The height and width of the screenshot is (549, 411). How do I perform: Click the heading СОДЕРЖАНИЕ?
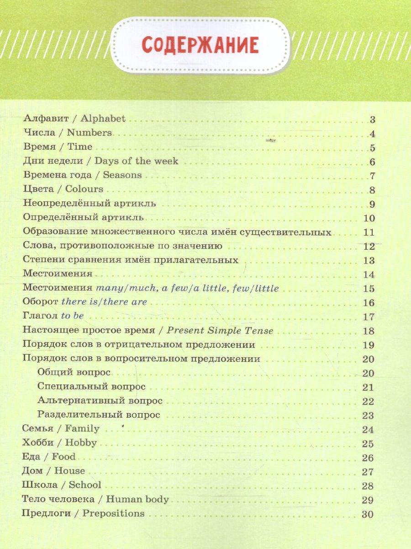coord(200,46)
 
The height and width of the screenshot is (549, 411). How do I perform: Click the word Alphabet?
coord(103,118)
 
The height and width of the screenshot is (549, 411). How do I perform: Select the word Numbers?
coord(89,133)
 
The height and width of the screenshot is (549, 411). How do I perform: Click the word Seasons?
coord(122,175)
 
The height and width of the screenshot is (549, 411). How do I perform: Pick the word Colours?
coord(84,189)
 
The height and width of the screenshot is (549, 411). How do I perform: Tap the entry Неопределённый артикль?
coord(90,204)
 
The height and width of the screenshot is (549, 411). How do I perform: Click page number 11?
coord(369,232)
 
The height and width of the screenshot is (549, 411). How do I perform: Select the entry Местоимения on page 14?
coord(58,274)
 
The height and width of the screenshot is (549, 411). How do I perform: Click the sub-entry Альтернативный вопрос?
coord(100,401)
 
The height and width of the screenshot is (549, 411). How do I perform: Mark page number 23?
coord(368,416)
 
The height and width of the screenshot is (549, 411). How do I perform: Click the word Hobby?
coord(81,443)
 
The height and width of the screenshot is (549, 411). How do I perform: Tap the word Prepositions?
coord(114,513)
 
